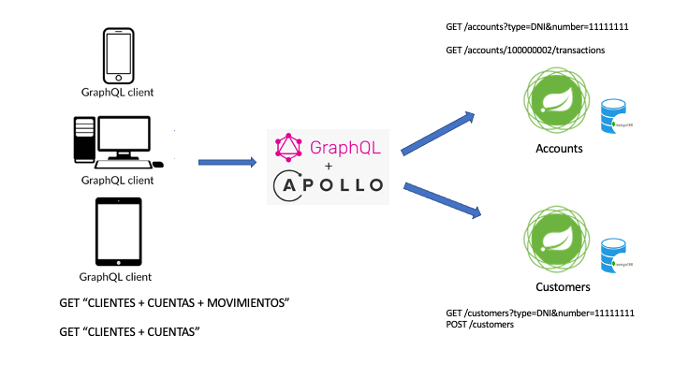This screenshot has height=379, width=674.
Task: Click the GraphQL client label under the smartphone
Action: [117, 93]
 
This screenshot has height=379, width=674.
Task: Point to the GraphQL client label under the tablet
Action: [116, 277]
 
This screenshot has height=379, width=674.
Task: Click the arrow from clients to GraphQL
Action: [227, 162]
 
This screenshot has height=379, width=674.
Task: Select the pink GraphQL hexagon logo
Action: [287, 146]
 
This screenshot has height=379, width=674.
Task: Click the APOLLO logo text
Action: [330, 184]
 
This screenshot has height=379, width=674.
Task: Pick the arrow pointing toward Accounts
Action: [440, 131]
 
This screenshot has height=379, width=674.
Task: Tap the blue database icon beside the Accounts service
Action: [613, 116]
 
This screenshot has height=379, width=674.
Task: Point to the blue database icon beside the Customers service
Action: [613, 255]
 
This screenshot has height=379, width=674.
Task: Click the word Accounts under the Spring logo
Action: [559, 149]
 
